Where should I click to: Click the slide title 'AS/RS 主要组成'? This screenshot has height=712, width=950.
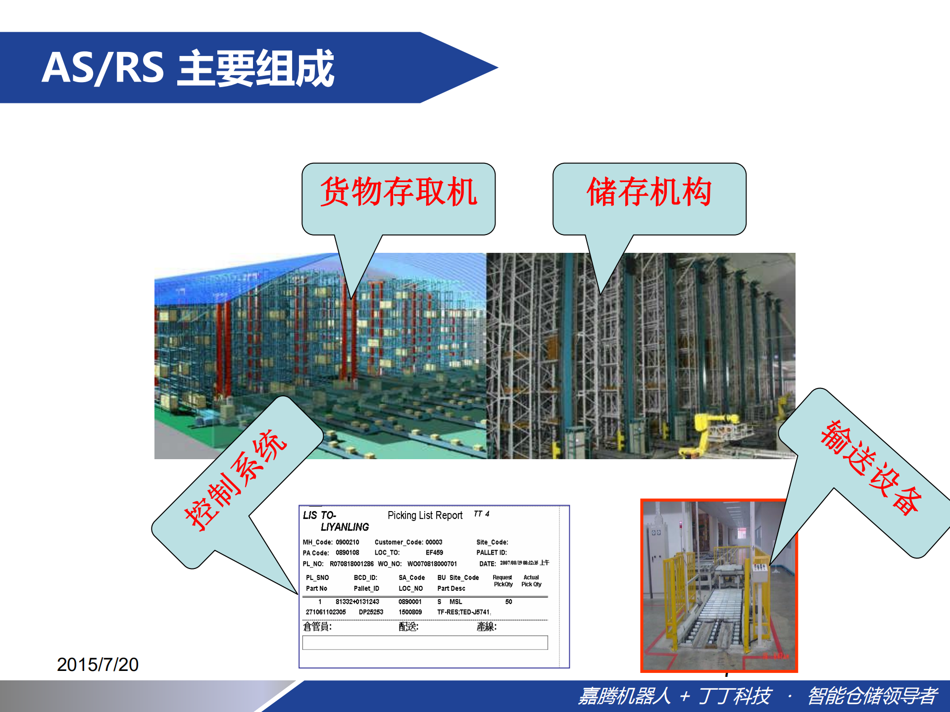pos(188,68)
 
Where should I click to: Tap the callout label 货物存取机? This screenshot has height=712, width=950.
pos(399,192)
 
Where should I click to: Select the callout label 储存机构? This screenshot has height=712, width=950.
pos(649,192)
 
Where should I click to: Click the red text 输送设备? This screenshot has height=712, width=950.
pos(871,468)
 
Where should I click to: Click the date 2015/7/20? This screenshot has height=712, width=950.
pos(98,665)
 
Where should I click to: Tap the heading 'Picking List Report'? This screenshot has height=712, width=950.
pos(425,516)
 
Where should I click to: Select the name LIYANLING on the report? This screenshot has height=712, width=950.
pos(345,527)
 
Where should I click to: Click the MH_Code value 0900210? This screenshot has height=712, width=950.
pos(348,542)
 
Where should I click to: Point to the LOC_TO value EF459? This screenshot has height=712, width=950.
pos(434,553)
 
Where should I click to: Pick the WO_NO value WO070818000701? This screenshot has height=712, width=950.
pos(432,564)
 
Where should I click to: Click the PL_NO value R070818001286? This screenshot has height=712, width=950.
pos(351,564)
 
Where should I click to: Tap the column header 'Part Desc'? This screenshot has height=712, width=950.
pos(451,589)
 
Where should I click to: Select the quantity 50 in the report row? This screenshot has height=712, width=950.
pos(508,602)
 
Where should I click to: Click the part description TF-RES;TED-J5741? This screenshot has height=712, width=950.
pos(463,613)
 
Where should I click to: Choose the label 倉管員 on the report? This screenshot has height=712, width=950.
pos(317,627)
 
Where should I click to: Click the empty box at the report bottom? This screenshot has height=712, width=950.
pos(425,642)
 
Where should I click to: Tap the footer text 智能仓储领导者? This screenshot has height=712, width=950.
pos(872,696)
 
